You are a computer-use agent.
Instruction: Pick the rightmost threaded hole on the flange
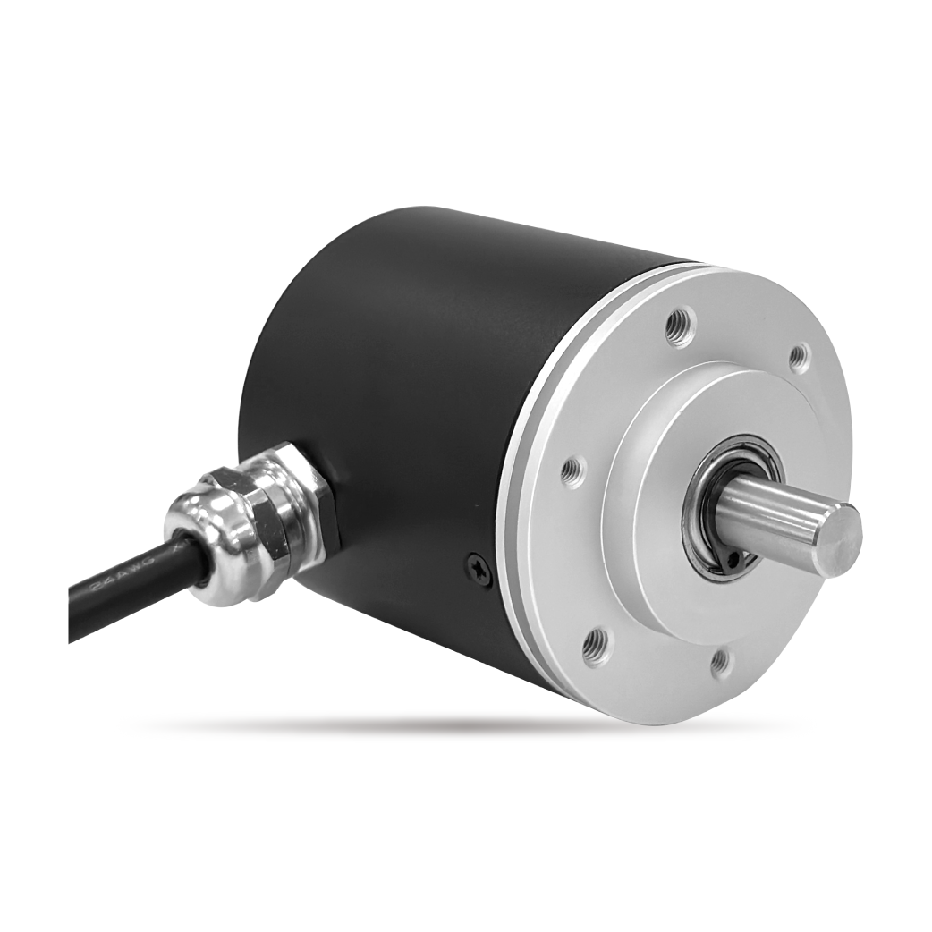point(798,358)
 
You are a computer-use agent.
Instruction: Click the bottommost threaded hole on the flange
point(719,662)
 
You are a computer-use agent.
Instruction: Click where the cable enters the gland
point(183,559)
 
